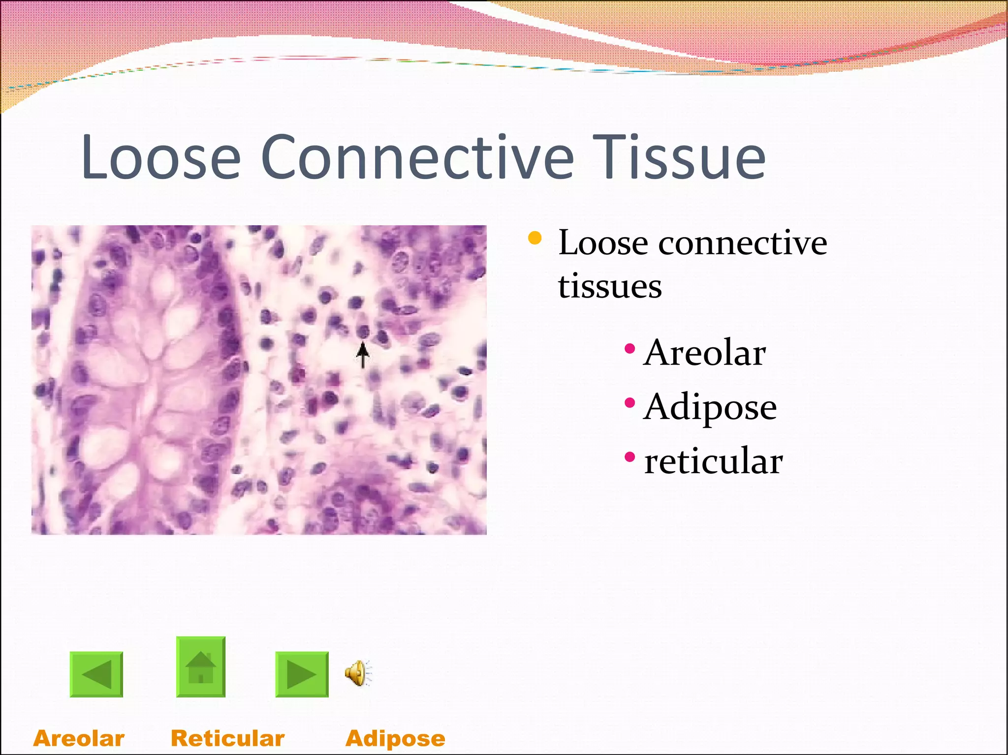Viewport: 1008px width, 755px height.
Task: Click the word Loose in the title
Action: pyautogui.click(x=160, y=157)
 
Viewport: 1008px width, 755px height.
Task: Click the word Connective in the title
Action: pyautogui.click(x=417, y=157)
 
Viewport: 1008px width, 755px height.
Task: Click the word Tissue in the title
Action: pyautogui.click(x=679, y=157)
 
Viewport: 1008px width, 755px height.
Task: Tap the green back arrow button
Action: pyautogui.click(x=96, y=674)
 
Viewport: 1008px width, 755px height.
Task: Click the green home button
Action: pyautogui.click(x=201, y=667)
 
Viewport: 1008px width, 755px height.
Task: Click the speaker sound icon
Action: pyautogui.click(x=358, y=673)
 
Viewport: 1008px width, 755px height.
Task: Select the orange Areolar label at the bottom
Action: pyautogui.click(x=79, y=738)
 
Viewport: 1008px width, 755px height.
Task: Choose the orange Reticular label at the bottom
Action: pyautogui.click(x=227, y=738)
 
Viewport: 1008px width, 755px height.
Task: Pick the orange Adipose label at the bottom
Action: pyautogui.click(x=395, y=738)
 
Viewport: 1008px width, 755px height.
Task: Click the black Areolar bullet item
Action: pyautogui.click(x=704, y=353)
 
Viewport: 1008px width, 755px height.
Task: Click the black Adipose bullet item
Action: pyautogui.click(x=710, y=408)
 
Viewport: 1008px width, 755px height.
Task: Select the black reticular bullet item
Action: pyautogui.click(x=713, y=462)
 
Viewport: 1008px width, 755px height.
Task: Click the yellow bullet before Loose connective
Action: pyautogui.click(x=535, y=239)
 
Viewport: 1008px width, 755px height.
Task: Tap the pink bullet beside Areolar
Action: pyautogui.click(x=630, y=349)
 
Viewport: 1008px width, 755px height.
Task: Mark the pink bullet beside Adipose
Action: pyautogui.click(x=630, y=403)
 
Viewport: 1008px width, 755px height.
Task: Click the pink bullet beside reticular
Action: pyautogui.click(x=630, y=457)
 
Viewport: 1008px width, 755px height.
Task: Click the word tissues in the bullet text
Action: pyautogui.click(x=610, y=286)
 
